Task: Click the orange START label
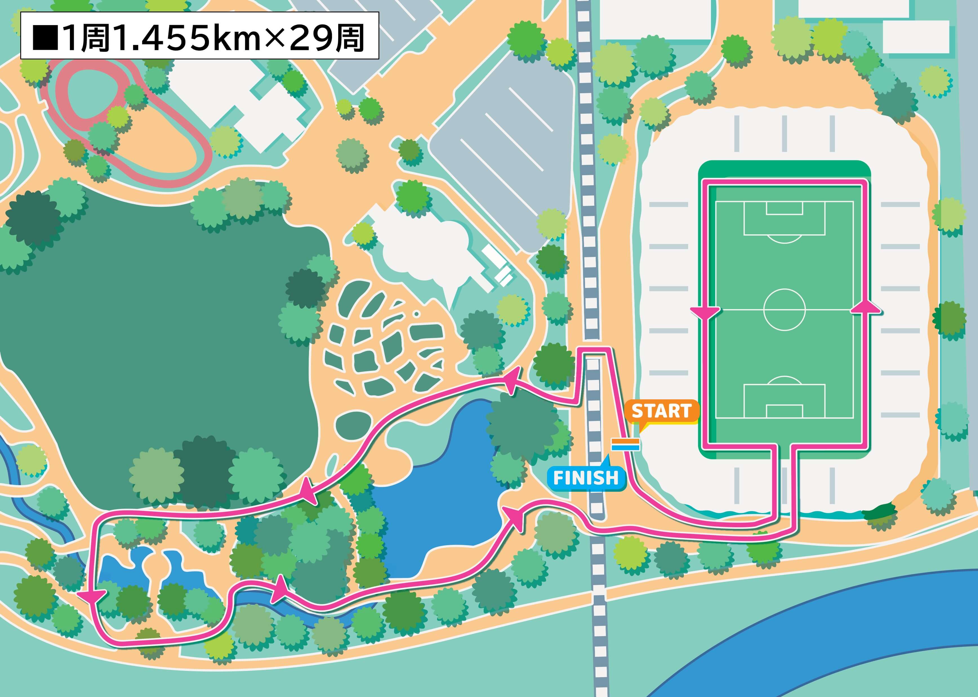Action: point(661,411)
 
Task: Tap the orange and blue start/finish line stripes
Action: point(625,444)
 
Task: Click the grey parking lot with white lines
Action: point(502,142)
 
